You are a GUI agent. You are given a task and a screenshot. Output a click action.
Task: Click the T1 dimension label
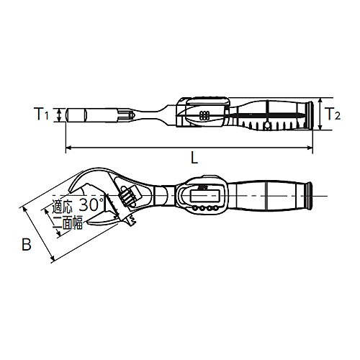41,114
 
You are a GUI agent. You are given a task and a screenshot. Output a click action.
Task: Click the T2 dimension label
332,114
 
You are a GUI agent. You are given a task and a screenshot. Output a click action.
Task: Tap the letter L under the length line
194,158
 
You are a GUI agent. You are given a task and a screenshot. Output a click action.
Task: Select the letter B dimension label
27,244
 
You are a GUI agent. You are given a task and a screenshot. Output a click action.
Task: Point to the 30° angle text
92,204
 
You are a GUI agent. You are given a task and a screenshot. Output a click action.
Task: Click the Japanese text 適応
62,207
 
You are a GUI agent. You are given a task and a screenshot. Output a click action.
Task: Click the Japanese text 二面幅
68,222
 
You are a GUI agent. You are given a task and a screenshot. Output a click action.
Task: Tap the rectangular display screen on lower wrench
204,196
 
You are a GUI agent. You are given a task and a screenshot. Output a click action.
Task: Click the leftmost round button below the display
194,208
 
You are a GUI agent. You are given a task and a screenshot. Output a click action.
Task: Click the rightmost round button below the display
216,208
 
